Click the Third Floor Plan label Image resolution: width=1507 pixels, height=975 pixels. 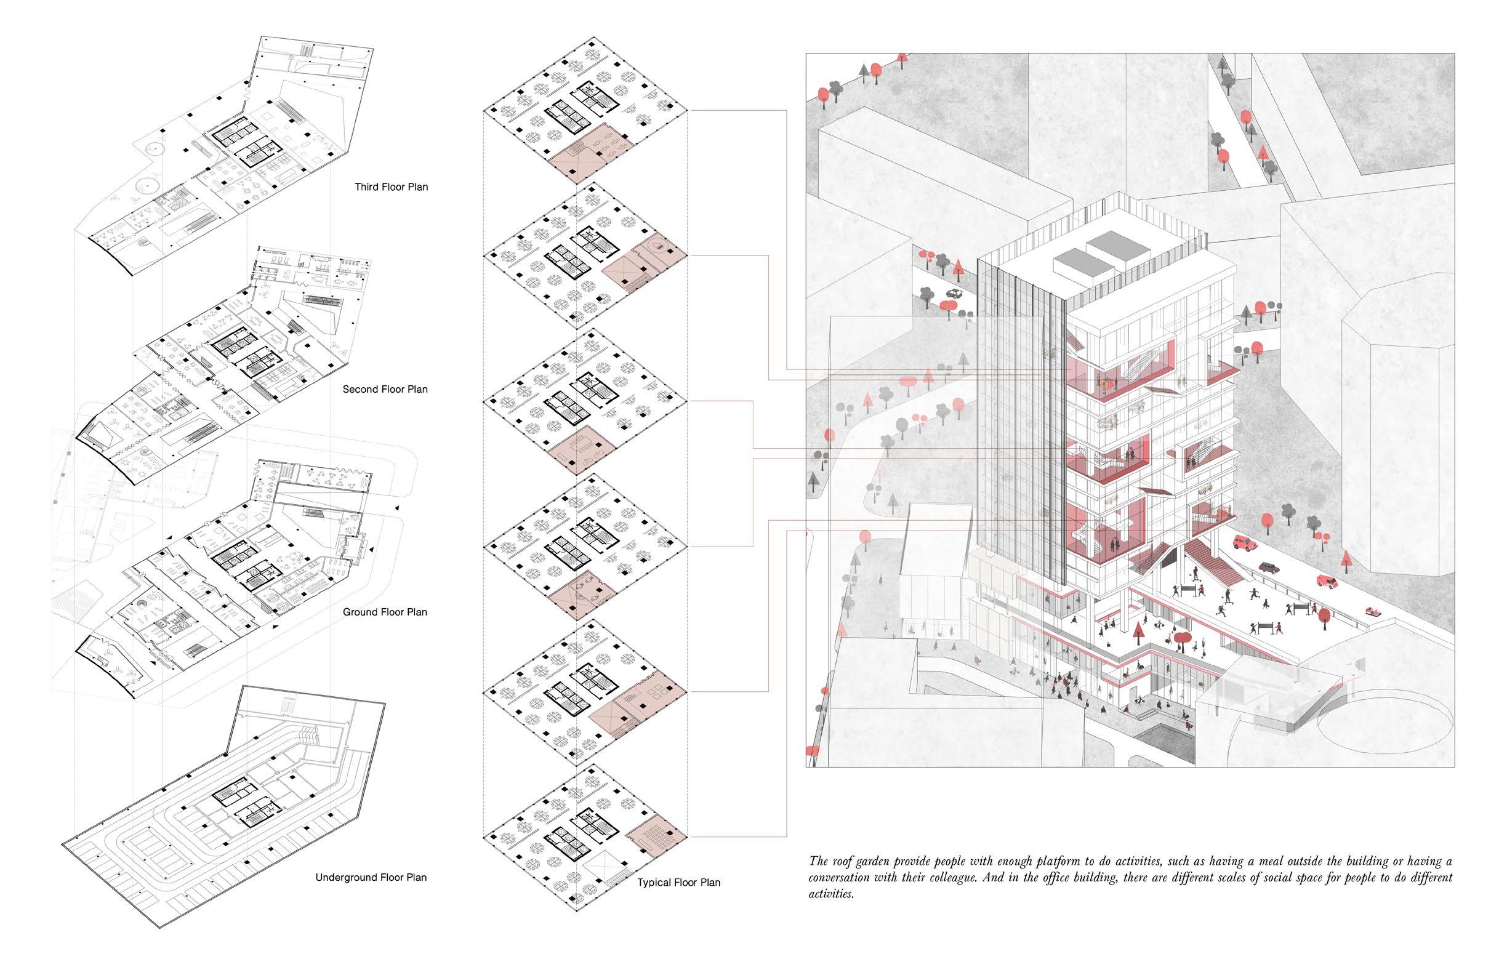392,187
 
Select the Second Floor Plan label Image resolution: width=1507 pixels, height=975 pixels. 385,390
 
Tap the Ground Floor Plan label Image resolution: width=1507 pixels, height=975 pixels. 385,612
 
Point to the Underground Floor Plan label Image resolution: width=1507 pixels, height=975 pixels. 371,878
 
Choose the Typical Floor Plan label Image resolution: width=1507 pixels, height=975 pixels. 679,883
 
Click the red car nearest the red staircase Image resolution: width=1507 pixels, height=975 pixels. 1244,544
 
